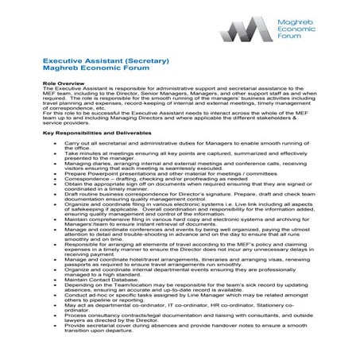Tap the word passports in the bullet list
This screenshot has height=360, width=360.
pyautogui.click(x=80, y=264)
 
